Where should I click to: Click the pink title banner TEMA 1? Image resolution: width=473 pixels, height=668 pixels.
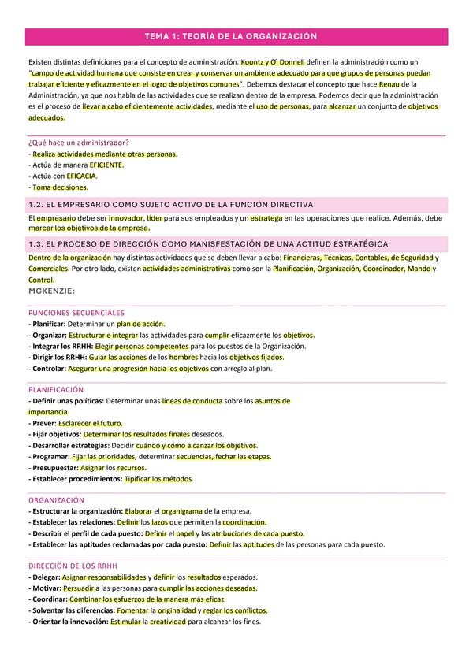pyautogui.click(x=236, y=36)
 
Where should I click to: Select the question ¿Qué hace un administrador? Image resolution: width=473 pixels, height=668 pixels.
pyautogui.click(x=78, y=143)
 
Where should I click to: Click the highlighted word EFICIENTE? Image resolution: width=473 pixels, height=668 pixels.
pyautogui.click(x=106, y=165)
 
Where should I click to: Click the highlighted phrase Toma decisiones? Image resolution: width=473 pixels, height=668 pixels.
pyautogui.click(x=61, y=187)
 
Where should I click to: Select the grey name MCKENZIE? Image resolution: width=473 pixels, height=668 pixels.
pyautogui.click(x=51, y=291)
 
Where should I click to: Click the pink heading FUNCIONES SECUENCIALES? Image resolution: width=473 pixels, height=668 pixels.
pyautogui.click(x=75, y=313)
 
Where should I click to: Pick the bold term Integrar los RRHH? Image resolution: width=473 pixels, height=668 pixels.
pyautogui.click(x=60, y=346)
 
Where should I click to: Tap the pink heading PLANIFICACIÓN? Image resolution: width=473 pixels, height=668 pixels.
pyautogui.click(x=55, y=390)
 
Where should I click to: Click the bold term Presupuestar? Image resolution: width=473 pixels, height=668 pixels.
pyautogui.click(x=54, y=467)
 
